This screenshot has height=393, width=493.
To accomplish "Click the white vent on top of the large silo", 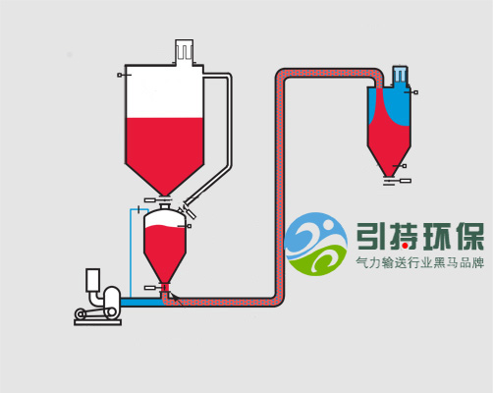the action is click(185, 52).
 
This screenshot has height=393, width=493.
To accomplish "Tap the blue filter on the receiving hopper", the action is click(401, 76).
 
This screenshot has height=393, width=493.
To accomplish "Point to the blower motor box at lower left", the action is click(92, 280).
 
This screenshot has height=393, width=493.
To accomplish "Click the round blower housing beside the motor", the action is click(112, 298).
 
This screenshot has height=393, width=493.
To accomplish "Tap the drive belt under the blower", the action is click(95, 312).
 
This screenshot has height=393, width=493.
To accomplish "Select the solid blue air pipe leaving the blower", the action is click(141, 302).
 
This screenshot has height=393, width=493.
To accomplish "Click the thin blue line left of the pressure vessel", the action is click(131, 253).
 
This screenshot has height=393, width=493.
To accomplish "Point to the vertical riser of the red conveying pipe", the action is click(280, 187).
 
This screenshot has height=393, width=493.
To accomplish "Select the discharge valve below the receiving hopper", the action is click(397, 181).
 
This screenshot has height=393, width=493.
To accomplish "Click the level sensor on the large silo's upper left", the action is click(124, 75).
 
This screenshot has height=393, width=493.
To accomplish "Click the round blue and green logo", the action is click(315, 244).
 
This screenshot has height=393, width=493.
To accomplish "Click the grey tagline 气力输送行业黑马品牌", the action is click(420, 262).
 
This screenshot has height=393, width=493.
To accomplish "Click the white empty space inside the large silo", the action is click(165, 91).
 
